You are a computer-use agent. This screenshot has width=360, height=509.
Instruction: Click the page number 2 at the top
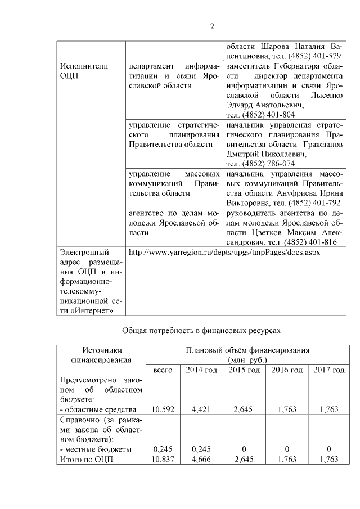[213, 26]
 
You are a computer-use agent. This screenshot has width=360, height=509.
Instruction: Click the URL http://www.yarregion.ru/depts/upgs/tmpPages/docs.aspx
[224, 253]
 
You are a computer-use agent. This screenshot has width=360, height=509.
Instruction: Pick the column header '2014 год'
[201, 370]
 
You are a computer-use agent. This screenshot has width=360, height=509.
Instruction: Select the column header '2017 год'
[328, 370]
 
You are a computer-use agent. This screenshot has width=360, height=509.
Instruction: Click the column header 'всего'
[163, 370]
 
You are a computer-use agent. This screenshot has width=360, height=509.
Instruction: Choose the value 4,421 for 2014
[201, 409]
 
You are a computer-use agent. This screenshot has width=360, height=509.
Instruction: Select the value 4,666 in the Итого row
[201, 459]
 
